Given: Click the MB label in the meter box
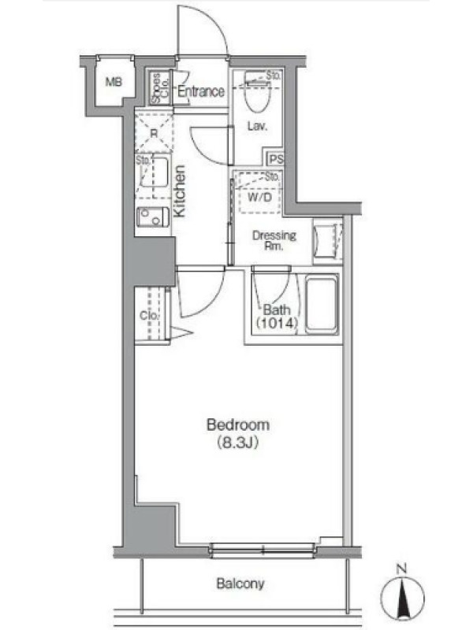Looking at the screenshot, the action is pos(114,82).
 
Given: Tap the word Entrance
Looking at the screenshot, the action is pos(201,91).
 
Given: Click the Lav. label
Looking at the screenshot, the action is pos(257,126).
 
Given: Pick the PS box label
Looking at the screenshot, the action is pos(276,159).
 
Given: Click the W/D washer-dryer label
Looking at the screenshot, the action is pos(259,197).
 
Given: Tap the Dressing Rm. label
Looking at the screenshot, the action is pos(274,240).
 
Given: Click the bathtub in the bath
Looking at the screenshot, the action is pos(322,304).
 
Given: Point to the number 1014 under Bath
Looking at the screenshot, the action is pos(277,323).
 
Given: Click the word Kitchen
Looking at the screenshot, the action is pos(180,191).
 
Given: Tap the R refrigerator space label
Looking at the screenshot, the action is pos(154,133).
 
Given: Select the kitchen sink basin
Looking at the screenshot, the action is pos(155,172).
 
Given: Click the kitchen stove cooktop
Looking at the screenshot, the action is pos(153,217).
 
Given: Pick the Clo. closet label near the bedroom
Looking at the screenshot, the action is pos(149,316).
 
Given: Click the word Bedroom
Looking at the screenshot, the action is pos(238,424).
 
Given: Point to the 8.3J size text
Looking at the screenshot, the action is pos(237,443).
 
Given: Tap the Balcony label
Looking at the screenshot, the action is pos(240,584).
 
